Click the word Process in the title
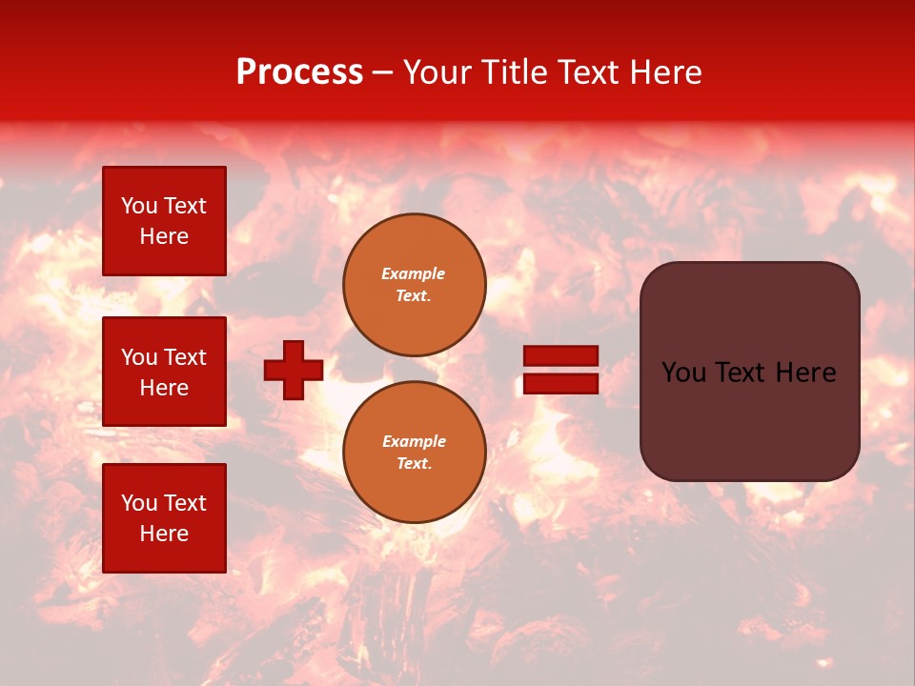click(x=299, y=72)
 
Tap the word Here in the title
click(x=663, y=72)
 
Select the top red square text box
click(x=164, y=221)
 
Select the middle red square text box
click(x=164, y=372)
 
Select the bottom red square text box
click(x=164, y=518)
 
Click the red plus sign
click(x=294, y=370)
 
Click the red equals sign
click(x=561, y=370)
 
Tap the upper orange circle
click(x=415, y=285)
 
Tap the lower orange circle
click(x=415, y=453)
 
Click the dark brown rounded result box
click(x=749, y=371)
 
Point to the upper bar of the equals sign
click(x=561, y=355)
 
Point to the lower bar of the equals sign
click(x=561, y=384)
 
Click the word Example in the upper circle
click(x=414, y=273)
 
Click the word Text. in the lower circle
click(x=414, y=464)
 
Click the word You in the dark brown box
click(x=683, y=373)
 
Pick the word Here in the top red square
click(x=164, y=236)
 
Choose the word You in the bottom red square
click(x=139, y=503)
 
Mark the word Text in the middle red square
click(x=186, y=357)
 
